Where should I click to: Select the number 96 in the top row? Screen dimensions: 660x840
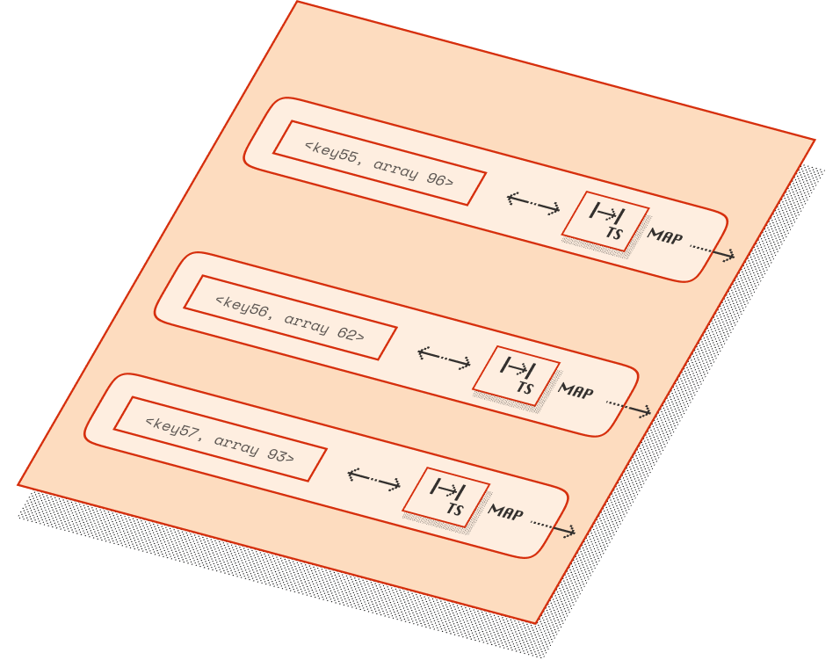pos(436,178)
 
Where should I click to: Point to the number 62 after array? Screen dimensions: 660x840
pos(346,333)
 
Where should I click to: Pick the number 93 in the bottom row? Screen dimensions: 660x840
pos(276,454)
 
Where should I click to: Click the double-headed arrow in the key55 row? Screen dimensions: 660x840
pos(533,203)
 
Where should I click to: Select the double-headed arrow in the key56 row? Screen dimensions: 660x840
pos(445,358)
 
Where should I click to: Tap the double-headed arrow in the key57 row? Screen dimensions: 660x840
pos(374,479)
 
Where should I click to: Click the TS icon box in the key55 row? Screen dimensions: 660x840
pos(605,221)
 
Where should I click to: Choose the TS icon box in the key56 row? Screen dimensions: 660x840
pos(517,375)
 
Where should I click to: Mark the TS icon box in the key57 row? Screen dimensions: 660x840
pos(446,497)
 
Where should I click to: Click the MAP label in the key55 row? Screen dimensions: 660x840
pos(664,236)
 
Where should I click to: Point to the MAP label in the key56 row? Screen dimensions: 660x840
pos(576,390)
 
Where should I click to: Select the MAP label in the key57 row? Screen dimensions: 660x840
pos(505,511)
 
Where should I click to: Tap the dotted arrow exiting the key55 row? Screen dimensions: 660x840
pos(713,251)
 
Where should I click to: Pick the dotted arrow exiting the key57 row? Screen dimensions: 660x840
pos(553,527)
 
